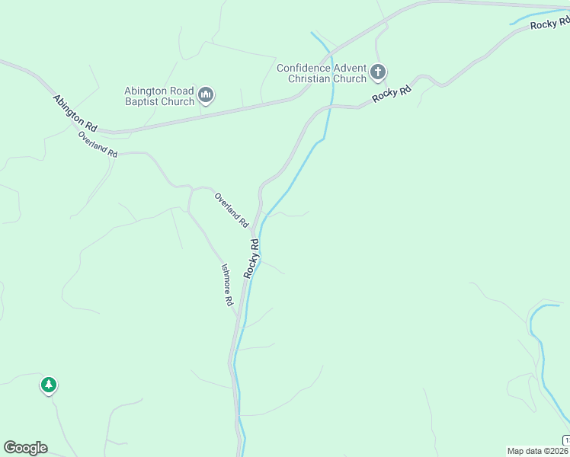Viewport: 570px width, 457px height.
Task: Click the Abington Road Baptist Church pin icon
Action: point(205,95)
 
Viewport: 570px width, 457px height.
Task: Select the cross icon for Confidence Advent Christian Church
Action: point(377,73)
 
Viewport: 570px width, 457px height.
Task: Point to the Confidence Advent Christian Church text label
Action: point(321,73)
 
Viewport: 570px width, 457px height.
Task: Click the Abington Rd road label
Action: point(75,111)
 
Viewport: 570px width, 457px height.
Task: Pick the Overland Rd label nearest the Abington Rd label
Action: point(98,143)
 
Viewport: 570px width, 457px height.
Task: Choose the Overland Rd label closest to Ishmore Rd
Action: point(232,210)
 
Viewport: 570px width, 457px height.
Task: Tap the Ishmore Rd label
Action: point(227,284)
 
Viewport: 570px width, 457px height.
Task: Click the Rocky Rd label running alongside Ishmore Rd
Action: point(252,258)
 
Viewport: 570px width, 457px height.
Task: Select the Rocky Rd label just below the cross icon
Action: point(392,94)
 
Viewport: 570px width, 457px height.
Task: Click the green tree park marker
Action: point(49,385)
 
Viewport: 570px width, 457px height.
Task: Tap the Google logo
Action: point(25,447)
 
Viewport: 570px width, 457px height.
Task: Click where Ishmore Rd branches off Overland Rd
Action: point(190,188)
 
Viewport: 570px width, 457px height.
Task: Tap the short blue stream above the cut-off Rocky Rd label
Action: point(536,17)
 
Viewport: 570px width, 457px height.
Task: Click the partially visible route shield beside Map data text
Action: point(566,440)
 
